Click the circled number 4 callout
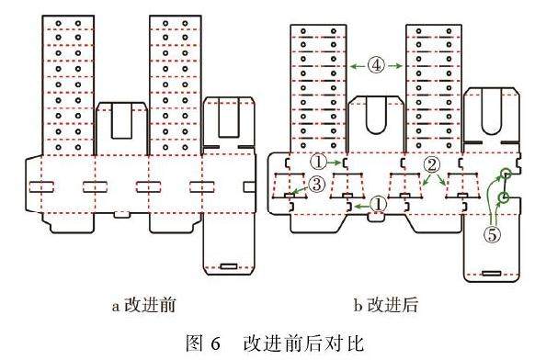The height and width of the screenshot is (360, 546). [x=378, y=65]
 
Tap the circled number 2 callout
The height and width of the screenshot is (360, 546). [x=430, y=165]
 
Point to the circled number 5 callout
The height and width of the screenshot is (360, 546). [x=494, y=234]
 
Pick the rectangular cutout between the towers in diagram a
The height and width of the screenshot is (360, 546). [x=120, y=123]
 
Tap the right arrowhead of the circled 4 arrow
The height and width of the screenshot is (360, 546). [x=398, y=65]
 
